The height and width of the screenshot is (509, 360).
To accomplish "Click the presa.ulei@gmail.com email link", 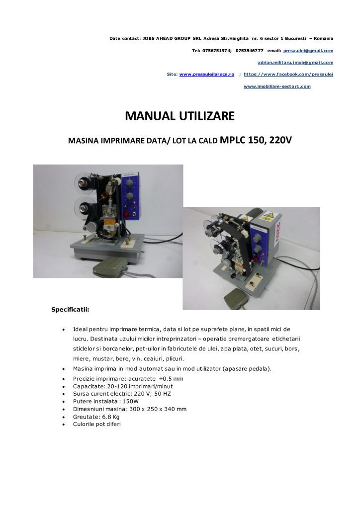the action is pyautogui.click(x=308, y=51).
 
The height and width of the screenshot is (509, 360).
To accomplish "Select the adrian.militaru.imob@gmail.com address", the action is pyautogui.click(x=295, y=63).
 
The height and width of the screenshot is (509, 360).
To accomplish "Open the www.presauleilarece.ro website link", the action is pyautogui.click(x=207, y=75).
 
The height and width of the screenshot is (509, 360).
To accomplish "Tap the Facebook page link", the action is pyautogui.click(x=288, y=75).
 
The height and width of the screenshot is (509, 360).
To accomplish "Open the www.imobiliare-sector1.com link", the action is pyautogui.click(x=277, y=86).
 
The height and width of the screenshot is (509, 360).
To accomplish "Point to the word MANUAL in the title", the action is pyautogui.click(x=148, y=116).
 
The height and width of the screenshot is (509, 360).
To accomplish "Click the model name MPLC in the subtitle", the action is pyautogui.click(x=232, y=140).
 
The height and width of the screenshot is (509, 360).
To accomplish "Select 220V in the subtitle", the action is pyautogui.click(x=280, y=140).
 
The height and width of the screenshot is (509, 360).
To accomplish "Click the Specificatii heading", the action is pyautogui.click(x=70, y=309).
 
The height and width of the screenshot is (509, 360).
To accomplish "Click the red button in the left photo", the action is pyautogui.click(x=126, y=215).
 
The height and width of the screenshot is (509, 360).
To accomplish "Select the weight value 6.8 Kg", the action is pyautogui.click(x=111, y=417).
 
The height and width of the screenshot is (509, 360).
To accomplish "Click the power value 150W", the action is pyautogui.click(x=130, y=401).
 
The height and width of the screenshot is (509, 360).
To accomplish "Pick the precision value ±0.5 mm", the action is pyautogui.click(x=171, y=378).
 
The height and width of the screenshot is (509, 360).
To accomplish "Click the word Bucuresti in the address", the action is pyautogui.click(x=295, y=38).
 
